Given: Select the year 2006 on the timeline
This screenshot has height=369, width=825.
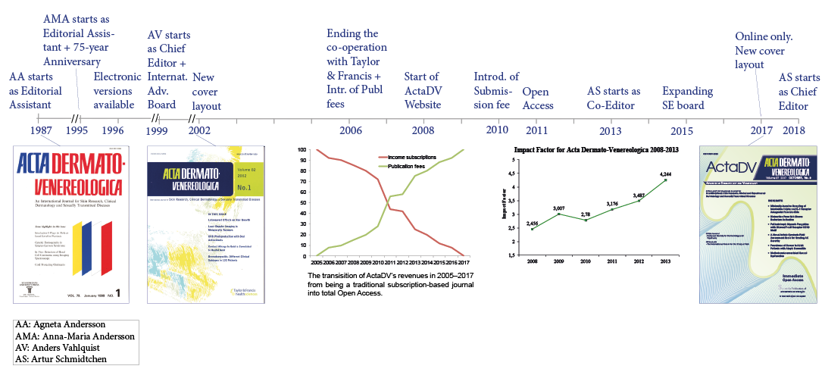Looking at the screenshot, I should point(349,130).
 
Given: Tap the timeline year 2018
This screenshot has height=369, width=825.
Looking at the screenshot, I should point(794,130).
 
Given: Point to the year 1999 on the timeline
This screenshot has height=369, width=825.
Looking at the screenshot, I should point(157,130).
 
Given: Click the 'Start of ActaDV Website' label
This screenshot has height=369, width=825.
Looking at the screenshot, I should point(422,90).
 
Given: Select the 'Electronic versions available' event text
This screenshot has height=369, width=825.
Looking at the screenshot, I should point(117,90).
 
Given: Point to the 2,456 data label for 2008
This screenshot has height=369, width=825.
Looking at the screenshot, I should point(533,224).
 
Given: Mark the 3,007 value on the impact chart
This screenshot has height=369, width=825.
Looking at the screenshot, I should point(559,208).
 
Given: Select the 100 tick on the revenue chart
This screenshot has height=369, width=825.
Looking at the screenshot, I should point(302,150).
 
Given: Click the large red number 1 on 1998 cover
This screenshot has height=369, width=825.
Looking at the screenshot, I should point(117,292).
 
